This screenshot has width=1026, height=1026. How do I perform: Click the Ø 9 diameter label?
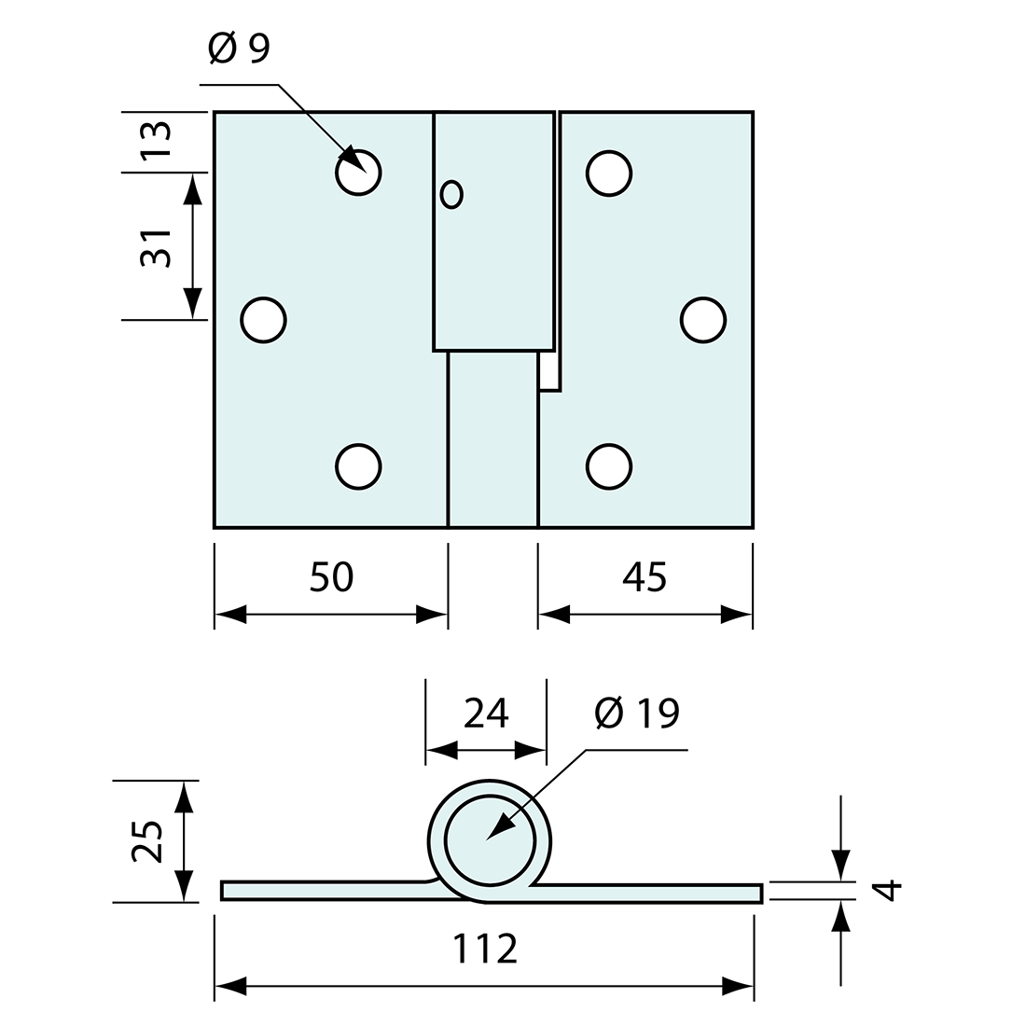(240, 49)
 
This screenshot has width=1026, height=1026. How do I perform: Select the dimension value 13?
(157, 140)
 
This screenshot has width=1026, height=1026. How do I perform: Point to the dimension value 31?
(157, 247)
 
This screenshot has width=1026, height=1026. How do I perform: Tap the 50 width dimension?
(331, 577)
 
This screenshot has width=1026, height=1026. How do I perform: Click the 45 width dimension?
(645, 577)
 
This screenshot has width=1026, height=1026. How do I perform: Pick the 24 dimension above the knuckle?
(486, 714)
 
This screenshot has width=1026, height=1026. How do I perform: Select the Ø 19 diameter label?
(636, 714)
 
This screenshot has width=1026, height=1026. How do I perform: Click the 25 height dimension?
(147, 841)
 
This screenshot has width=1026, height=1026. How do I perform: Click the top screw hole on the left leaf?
(358, 172)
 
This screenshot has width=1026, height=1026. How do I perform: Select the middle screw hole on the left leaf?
(263, 320)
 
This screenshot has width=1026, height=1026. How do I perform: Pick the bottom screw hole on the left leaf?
(358, 466)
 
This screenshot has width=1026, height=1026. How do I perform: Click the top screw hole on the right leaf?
(609, 173)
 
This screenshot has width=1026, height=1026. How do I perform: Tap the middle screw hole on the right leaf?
(703, 320)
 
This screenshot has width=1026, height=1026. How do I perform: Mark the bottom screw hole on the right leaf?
(609, 466)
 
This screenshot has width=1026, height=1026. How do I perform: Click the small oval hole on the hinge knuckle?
(451, 194)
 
